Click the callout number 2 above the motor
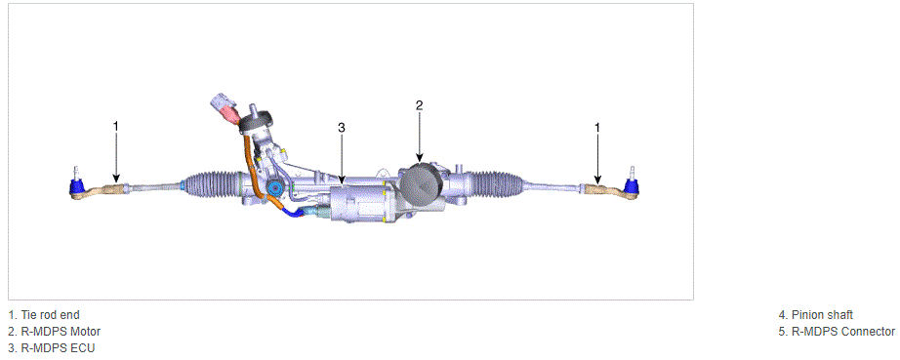click(419, 105)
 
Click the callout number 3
click(342, 127)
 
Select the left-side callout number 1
click(116, 126)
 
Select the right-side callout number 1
click(597, 127)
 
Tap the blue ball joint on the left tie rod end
click(76, 186)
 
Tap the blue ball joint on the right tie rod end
click(632, 185)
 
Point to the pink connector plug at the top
click(232, 115)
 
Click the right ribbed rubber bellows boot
click(498, 184)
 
